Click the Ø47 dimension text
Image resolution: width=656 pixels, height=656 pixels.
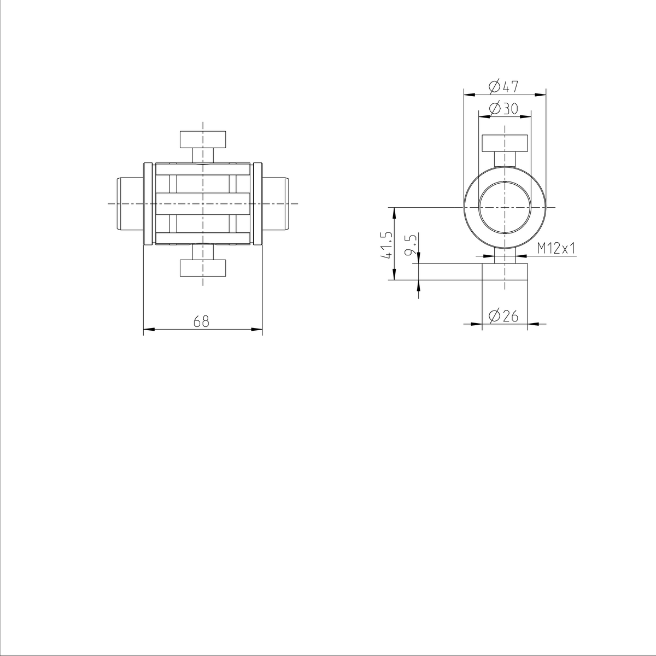[x=503, y=86]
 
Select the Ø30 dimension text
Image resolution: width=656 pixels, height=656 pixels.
[x=503, y=109]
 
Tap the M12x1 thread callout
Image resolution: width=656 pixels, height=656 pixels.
[x=557, y=249]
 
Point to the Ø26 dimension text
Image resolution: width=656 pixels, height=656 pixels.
[x=504, y=316]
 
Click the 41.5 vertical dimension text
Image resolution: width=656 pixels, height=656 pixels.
[x=389, y=244]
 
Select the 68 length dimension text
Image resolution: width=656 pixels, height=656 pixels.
[x=201, y=321]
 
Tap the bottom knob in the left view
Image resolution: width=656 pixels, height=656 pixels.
[x=203, y=268]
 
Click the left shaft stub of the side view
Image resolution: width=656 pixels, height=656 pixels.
[x=130, y=203]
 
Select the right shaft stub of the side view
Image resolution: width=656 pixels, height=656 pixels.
[x=276, y=203]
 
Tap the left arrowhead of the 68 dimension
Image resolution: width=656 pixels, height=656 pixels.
[x=148, y=329]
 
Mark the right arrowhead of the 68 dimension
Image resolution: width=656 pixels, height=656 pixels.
[x=258, y=329]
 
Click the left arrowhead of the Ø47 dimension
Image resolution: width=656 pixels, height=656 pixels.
[x=467, y=94]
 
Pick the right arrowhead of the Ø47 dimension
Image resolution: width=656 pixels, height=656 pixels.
[x=542, y=94]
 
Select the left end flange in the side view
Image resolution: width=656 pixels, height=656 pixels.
[x=147, y=203]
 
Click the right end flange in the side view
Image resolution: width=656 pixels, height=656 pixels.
[x=258, y=203]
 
